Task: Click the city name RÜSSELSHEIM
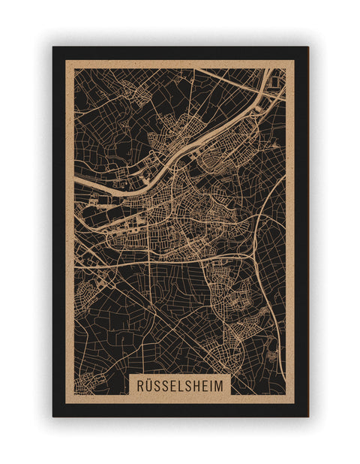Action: (x=180, y=384)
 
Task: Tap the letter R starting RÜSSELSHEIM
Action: (x=140, y=384)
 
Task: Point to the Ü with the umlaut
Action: (x=149, y=384)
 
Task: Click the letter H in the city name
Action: (x=194, y=384)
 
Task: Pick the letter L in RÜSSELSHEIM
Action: (x=177, y=384)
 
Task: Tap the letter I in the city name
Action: (x=211, y=384)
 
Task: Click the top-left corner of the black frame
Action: (x=53, y=47)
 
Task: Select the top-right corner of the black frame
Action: (x=307, y=47)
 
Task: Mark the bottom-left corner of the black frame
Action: (x=53, y=416)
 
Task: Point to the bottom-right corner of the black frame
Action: (x=307, y=416)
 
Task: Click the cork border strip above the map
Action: (x=180, y=64)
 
